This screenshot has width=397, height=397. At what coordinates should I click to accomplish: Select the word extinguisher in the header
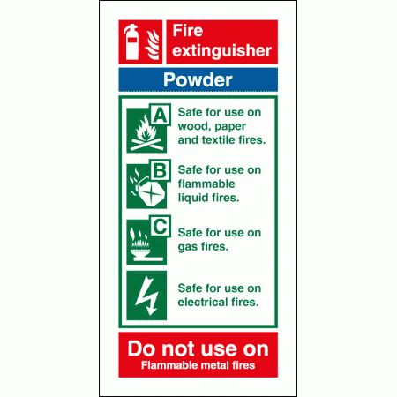(221, 52)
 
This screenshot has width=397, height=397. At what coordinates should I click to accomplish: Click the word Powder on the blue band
(198, 80)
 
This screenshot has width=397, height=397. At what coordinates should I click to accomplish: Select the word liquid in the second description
(192, 197)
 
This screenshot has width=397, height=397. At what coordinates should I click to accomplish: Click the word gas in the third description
(189, 246)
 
